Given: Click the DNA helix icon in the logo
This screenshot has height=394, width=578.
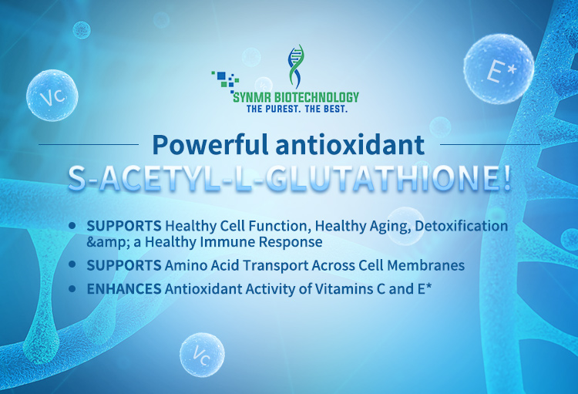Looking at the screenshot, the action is [296, 66].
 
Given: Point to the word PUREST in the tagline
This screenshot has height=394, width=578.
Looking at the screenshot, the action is [283, 109].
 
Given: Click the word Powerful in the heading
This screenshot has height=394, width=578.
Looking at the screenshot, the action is [210, 145].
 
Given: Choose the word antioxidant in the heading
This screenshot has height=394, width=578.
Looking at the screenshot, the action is [350, 145].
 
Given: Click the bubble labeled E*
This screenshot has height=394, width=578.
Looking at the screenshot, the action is [499, 69].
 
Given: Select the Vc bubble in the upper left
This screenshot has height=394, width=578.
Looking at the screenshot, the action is [52, 95].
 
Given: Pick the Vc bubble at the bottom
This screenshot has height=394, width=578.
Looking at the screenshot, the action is [202, 355].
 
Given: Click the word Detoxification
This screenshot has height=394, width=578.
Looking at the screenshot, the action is [461, 226].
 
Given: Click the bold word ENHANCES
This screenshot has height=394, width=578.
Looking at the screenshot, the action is [124, 289].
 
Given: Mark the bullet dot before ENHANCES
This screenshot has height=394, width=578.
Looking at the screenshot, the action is [72, 288].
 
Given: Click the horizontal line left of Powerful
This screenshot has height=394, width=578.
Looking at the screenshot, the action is [89, 145].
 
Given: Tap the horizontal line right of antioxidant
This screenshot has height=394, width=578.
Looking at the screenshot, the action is [490, 145].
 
